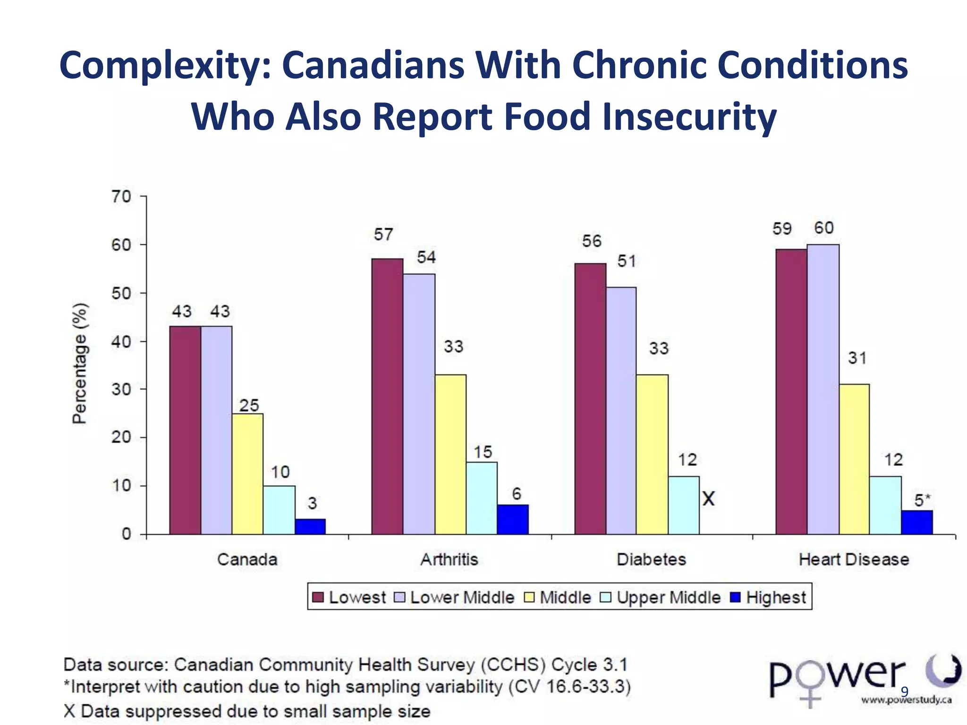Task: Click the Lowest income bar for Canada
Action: pos(185,430)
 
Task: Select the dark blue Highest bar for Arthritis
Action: pos(513,519)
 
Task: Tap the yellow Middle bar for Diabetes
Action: pos(652,454)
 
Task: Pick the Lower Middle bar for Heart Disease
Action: pos(823,389)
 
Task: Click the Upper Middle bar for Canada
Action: pos(279,510)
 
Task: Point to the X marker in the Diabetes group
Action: pos(708,498)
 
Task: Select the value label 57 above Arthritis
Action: pos(383,235)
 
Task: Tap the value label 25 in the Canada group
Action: pos(249,405)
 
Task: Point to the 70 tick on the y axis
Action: pos(121,196)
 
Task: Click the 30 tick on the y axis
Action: pos(121,389)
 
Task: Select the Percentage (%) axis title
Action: pos(80,363)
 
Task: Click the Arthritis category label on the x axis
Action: pos(449,559)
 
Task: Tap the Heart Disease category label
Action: pos(854,559)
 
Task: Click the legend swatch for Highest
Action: pos(735,598)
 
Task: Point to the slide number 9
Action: pos(904,692)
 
